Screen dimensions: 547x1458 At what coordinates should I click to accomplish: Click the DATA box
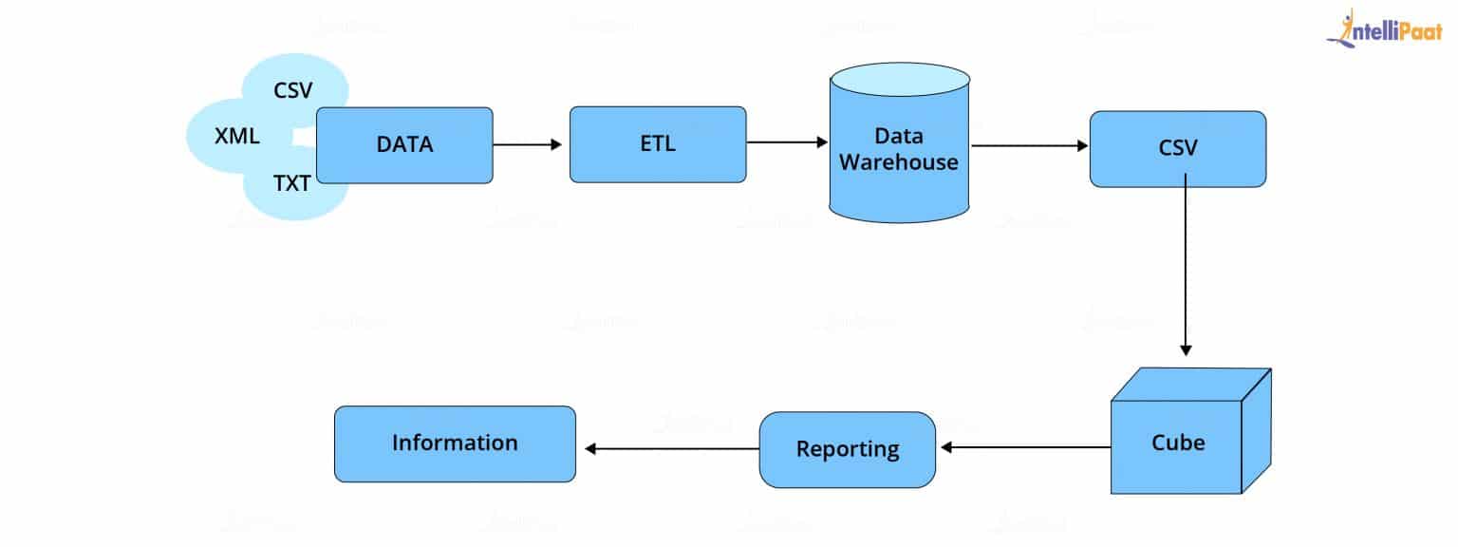404,144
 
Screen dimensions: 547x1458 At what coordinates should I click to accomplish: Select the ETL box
658,144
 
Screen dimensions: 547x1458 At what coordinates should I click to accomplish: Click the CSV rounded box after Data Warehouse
1177,148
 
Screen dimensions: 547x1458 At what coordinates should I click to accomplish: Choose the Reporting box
847,449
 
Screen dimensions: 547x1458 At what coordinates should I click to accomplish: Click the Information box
455,443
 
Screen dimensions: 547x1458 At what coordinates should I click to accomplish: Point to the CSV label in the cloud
293,91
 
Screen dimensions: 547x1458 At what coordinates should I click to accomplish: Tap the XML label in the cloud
237,136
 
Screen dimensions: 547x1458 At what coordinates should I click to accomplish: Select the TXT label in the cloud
292,184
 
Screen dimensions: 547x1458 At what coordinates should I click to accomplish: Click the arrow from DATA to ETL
528,144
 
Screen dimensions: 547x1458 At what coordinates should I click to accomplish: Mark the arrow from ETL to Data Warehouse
787,142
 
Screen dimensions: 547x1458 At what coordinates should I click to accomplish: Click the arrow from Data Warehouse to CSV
1029,146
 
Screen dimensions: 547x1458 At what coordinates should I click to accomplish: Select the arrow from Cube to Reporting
1025,447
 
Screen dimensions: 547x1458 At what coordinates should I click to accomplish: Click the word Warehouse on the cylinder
898,161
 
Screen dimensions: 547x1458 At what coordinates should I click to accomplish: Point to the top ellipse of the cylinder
898,80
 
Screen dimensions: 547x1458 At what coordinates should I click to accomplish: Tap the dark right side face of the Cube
1257,432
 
